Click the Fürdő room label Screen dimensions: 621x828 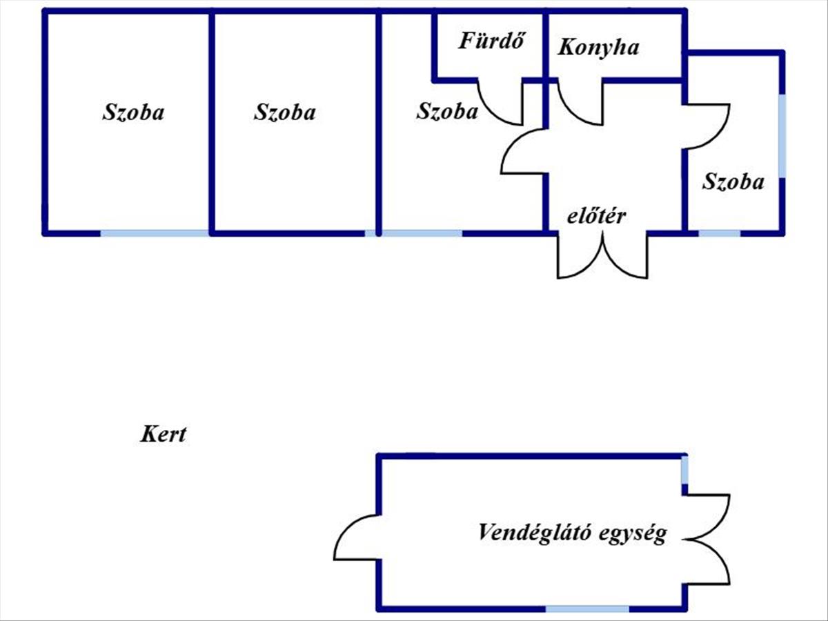[x=492, y=41]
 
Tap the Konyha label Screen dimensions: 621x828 [x=598, y=48]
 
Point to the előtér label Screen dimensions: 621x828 [x=596, y=216]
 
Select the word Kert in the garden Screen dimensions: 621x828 [x=164, y=435]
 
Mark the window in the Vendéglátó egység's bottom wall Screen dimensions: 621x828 [x=587, y=609]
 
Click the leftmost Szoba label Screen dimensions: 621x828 [x=133, y=112]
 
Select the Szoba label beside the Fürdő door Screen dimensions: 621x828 [x=446, y=111]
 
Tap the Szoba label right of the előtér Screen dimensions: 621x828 [x=733, y=181]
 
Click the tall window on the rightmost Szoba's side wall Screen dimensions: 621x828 [x=782, y=135]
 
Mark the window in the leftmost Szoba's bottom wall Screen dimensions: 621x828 [x=155, y=233]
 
